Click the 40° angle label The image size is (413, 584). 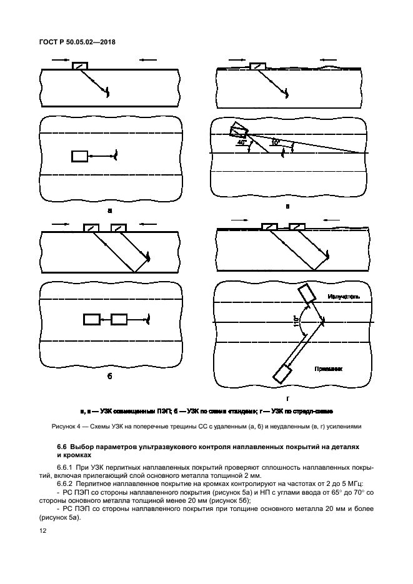(242, 142)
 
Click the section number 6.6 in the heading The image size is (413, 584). (61, 448)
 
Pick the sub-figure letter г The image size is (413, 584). (287, 398)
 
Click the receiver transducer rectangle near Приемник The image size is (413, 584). (282, 374)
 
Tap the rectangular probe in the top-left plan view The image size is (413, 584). (79, 156)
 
